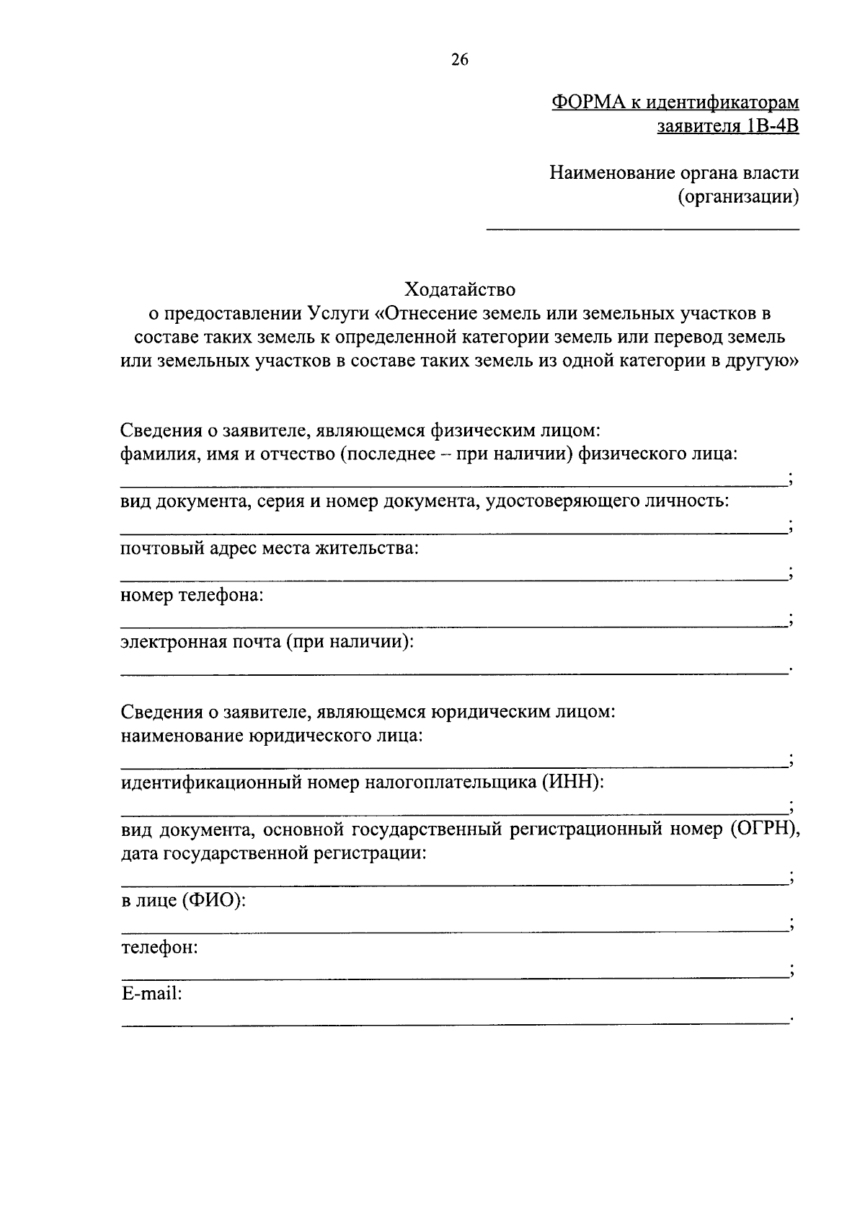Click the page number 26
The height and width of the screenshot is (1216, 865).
pyautogui.click(x=460, y=60)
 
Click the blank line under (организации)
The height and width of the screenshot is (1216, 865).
pyautogui.click(x=643, y=229)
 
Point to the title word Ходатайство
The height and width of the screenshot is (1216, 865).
pyautogui.click(x=460, y=290)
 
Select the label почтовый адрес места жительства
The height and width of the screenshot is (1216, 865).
pyautogui.click(x=270, y=548)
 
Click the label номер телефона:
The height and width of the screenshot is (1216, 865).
pyautogui.click(x=192, y=596)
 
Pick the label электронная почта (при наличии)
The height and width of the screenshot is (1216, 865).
pyautogui.click(x=267, y=642)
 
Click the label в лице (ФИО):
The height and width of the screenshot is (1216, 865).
pyautogui.click(x=183, y=901)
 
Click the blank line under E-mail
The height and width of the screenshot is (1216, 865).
pyautogui.click(x=454, y=1023)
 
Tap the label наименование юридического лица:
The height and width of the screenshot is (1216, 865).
pyautogui.click(x=271, y=736)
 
